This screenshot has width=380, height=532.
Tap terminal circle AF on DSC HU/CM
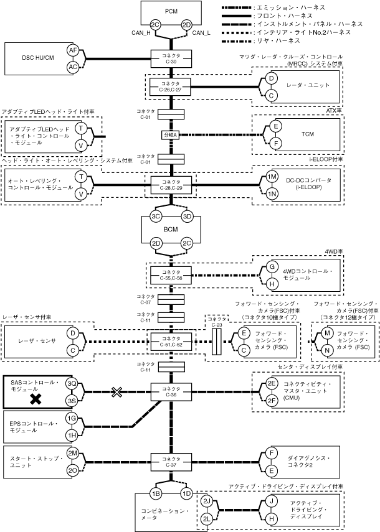click(73, 52)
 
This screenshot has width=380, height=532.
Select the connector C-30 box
click(171, 59)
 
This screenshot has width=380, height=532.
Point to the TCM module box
click(307, 134)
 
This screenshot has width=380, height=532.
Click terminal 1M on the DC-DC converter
click(272, 177)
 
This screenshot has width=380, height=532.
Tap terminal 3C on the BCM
click(156, 217)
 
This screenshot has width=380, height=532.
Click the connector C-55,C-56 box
click(171, 274)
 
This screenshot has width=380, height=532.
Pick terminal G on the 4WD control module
click(272, 266)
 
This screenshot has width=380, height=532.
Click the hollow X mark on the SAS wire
click(116, 391)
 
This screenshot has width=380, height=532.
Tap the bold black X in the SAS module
click(36, 399)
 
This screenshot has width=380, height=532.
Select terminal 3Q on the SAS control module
click(72, 383)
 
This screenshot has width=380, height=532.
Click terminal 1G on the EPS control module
click(72, 420)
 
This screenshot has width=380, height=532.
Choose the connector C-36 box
click(171, 391)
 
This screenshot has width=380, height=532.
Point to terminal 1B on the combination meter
click(156, 493)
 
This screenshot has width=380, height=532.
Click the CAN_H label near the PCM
click(139, 32)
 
